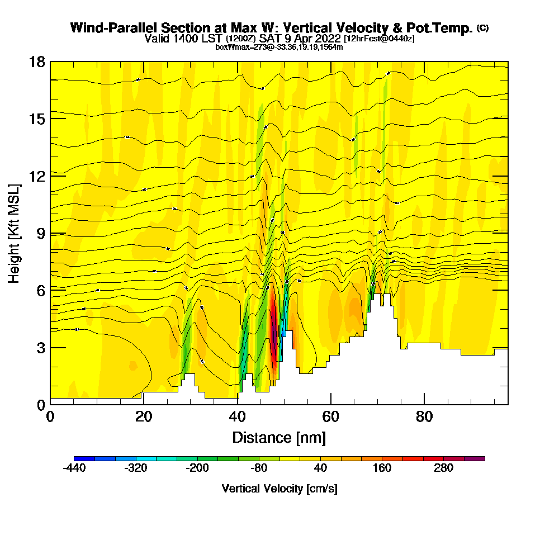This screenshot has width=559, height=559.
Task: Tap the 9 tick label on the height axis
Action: (x=41, y=233)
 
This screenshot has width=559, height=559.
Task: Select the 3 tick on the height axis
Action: (x=41, y=347)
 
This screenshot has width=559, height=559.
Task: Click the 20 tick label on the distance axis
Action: (x=144, y=418)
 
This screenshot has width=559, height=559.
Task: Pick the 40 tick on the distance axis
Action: (x=238, y=418)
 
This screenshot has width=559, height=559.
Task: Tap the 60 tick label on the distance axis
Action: (x=331, y=418)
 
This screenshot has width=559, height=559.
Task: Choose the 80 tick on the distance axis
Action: (x=424, y=418)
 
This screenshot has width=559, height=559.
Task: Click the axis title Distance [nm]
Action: (x=279, y=437)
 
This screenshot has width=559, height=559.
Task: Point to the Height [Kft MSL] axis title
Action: (x=15, y=233)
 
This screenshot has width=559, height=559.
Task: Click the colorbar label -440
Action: (x=74, y=468)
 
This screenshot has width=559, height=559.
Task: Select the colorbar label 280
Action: (x=444, y=468)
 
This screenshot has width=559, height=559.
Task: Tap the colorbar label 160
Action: (x=382, y=468)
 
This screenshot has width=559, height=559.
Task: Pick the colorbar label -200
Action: (x=197, y=468)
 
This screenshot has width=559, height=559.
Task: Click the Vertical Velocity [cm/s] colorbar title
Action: (x=279, y=489)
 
